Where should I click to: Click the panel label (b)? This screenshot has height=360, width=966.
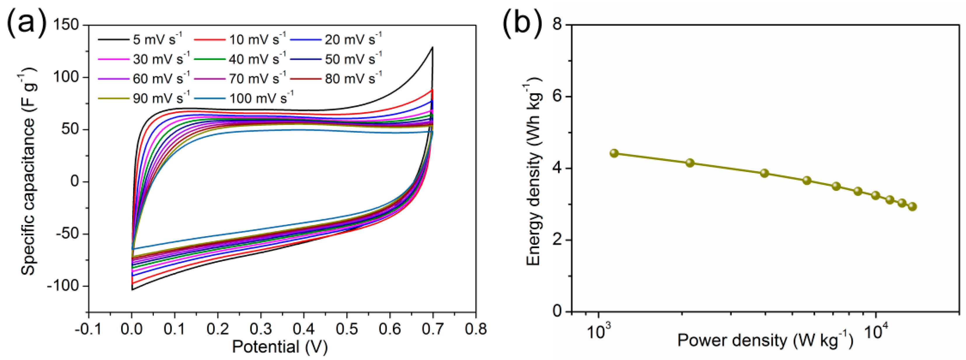[x=522, y=23]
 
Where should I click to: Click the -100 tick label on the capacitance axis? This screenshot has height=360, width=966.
[x=63, y=286]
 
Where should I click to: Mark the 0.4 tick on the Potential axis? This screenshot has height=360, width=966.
[x=304, y=329]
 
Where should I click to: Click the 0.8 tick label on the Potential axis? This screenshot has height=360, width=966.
[x=475, y=329]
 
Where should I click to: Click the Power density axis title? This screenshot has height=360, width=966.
[x=765, y=340]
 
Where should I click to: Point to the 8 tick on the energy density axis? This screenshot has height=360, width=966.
[x=558, y=25]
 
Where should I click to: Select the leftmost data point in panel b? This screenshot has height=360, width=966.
[x=614, y=153]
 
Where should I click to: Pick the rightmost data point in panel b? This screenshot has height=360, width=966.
[x=912, y=206]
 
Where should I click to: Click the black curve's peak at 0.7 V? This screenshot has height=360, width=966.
[x=433, y=48]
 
